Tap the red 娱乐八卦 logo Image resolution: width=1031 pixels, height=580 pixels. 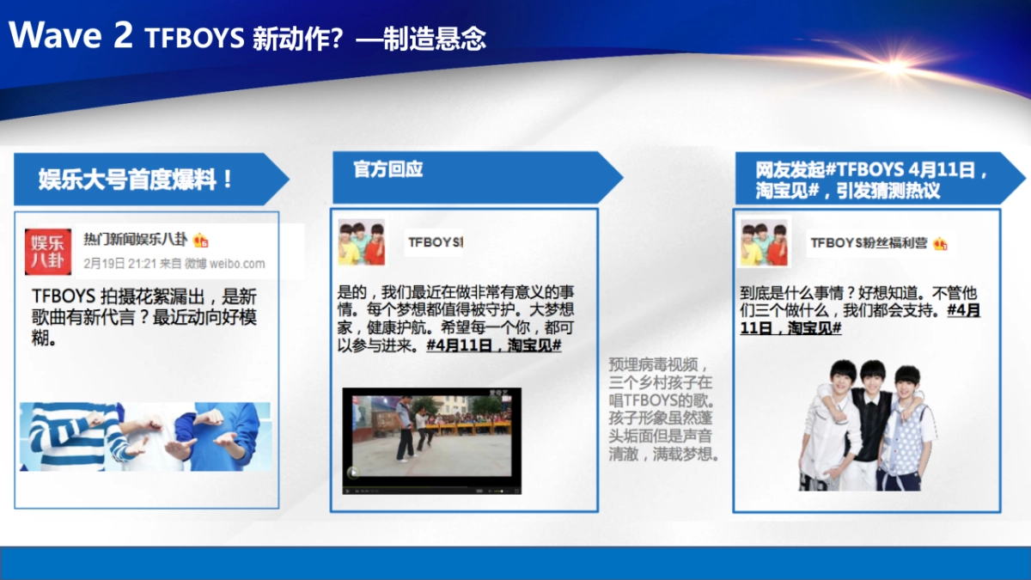(x=48, y=251)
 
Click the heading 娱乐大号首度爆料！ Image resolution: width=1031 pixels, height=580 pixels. (x=136, y=180)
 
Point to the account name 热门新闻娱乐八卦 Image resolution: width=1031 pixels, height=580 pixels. (x=135, y=239)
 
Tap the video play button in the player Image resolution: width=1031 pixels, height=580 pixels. (x=352, y=473)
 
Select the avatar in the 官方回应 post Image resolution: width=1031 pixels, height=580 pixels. (x=362, y=241)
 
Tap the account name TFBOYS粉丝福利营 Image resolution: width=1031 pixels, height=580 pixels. (x=869, y=243)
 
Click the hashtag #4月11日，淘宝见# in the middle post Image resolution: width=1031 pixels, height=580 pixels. (x=493, y=345)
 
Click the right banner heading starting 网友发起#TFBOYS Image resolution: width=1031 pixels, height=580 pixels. (x=873, y=179)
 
